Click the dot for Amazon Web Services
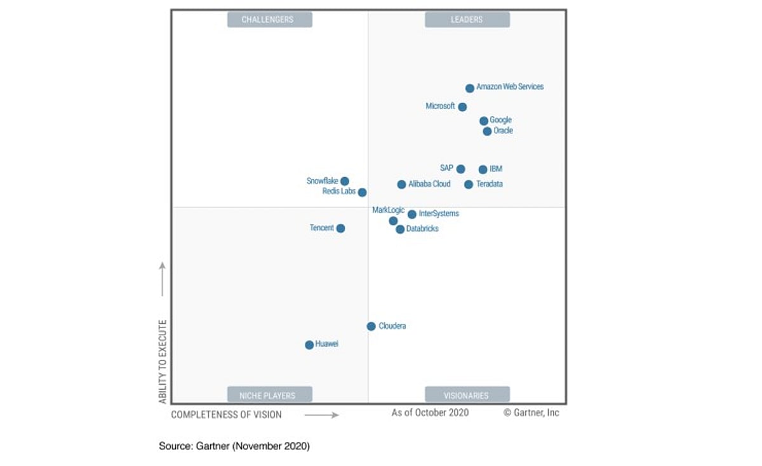click(469, 88)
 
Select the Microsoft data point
click(462, 107)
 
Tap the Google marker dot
click(484, 121)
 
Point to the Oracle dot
click(487, 131)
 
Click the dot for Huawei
click(309, 345)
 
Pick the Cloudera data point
click(371, 326)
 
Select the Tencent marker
click(340, 229)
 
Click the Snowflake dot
click(345, 182)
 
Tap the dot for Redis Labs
click(362, 192)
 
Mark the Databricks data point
click(400, 229)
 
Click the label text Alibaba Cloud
click(429, 184)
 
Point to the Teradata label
click(490, 184)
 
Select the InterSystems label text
click(439, 214)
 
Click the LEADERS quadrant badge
click(467, 20)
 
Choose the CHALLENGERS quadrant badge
click(269, 20)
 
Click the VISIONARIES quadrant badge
click(467, 395)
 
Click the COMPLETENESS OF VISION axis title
click(226, 415)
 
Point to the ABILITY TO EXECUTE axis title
click(163, 362)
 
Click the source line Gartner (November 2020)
click(234, 446)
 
